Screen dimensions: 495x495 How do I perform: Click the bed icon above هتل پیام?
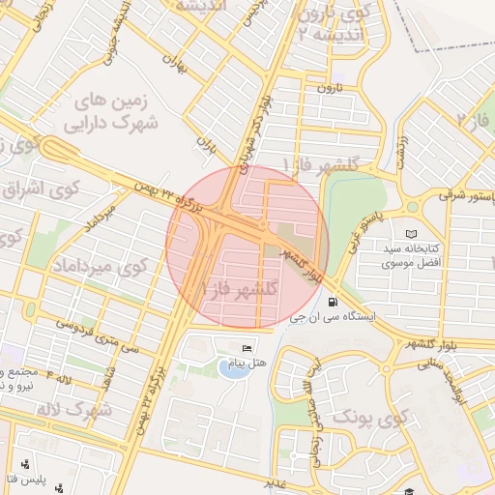pyautogui.click(x=247, y=348)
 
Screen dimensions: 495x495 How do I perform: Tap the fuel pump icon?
pyautogui.click(x=333, y=301)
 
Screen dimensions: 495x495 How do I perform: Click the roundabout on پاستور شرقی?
pyautogui.click(x=413, y=206)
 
